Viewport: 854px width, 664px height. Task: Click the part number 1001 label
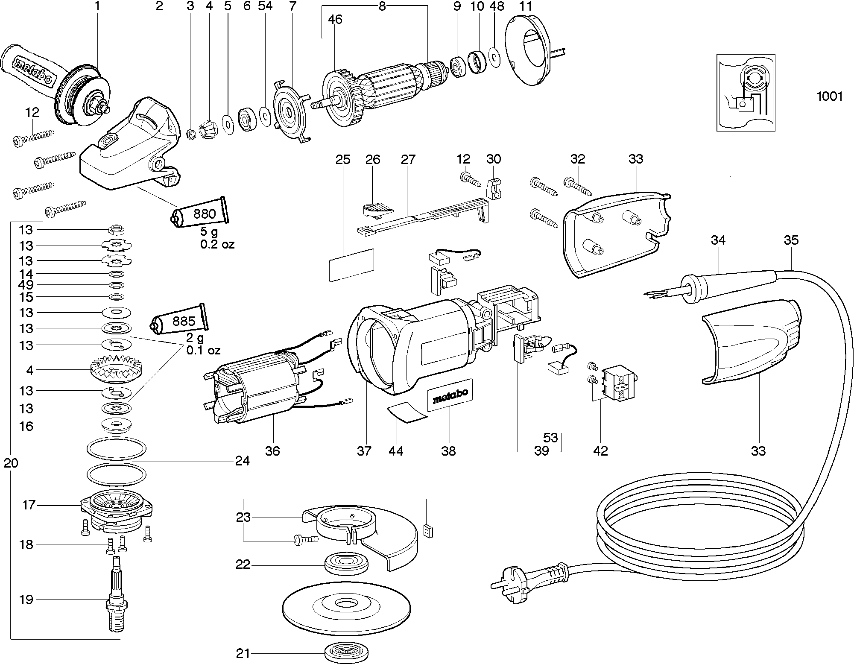(x=830, y=96)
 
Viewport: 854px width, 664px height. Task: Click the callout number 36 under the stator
(x=272, y=450)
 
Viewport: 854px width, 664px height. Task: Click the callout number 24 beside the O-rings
(x=242, y=461)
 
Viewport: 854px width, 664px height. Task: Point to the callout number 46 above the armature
(x=335, y=19)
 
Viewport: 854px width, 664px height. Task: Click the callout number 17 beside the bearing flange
(x=29, y=505)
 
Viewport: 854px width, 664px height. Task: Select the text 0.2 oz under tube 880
(x=217, y=244)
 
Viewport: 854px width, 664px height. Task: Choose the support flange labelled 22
(x=346, y=565)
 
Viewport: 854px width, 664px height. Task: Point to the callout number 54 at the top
(x=265, y=6)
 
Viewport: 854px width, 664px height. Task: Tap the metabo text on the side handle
(x=33, y=71)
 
